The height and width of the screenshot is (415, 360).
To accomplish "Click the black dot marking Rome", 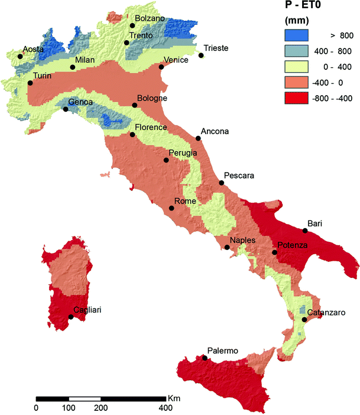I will click(x=171, y=208).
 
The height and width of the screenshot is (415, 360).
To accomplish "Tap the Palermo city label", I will click(x=222, y=351).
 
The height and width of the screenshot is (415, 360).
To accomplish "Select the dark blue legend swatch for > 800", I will click(x=297, y=35).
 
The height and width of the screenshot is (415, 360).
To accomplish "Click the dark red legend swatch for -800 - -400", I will click(x=297, y=98).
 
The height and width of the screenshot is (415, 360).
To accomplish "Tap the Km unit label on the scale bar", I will click(x=174, y=398).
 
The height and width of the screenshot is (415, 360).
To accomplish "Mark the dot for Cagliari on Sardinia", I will click(x=71, y=317).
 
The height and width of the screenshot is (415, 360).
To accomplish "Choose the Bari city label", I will click(x=314, y=223).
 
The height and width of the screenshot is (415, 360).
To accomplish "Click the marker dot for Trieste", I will click(x=201, y=56).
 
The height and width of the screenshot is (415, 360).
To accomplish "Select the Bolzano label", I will click(x=150, y=18).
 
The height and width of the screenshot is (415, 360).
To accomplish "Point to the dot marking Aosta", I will click(x=20, y=57).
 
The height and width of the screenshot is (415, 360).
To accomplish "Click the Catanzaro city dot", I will click(x=304, y=320).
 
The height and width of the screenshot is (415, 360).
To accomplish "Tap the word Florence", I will click(x=151, y=127).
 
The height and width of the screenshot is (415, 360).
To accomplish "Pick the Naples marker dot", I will click(x=227, y=248).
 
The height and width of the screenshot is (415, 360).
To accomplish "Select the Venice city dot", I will click(x=161, y=67).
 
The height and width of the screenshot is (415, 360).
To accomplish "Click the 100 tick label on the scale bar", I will click(x=69, y=408).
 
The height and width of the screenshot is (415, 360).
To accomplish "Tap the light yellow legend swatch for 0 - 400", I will click(x=297, y=66).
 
